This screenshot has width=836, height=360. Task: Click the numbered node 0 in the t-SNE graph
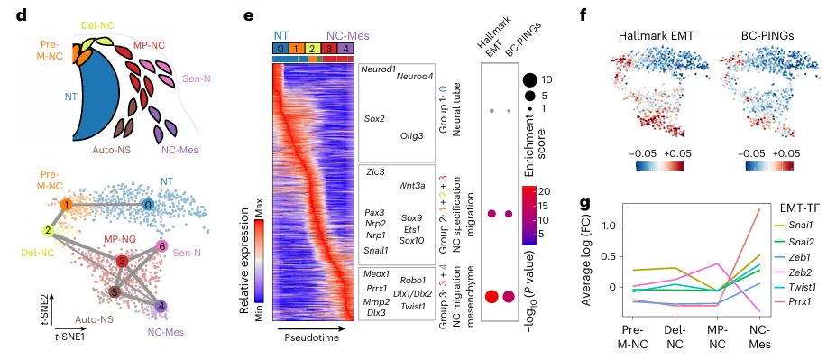click(150, 204)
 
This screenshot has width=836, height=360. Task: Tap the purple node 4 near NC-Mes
click(162, 306)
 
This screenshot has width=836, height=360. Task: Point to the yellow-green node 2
click(49, 230)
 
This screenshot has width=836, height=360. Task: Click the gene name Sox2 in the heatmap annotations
click(373, 118)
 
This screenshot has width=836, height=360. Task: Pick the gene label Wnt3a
click(411, 186)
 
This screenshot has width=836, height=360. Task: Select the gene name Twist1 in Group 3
click(413, 306)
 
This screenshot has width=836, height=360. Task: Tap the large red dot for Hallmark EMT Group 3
click(491, 297)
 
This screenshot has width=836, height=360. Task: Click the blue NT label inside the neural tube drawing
click(71, 97)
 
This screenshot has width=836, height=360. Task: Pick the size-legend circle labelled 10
click(529, 80)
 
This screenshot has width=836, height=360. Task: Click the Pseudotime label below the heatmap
click(308, 337)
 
